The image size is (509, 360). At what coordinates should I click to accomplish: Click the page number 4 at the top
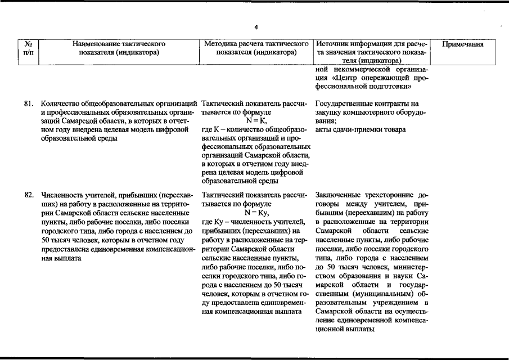click(x=255, y=26)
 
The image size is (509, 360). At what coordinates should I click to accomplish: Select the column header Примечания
click(x=463, y=43)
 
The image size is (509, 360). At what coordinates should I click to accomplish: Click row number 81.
click(x=29, y=104)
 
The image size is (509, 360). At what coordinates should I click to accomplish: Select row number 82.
click(x=29, y=195)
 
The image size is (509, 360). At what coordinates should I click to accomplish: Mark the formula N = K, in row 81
click(x=256, y=121)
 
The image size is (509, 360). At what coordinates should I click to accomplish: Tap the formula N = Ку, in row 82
click(x=256, y=213)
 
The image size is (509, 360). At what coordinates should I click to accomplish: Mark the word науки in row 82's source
click(x=400, y=276)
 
